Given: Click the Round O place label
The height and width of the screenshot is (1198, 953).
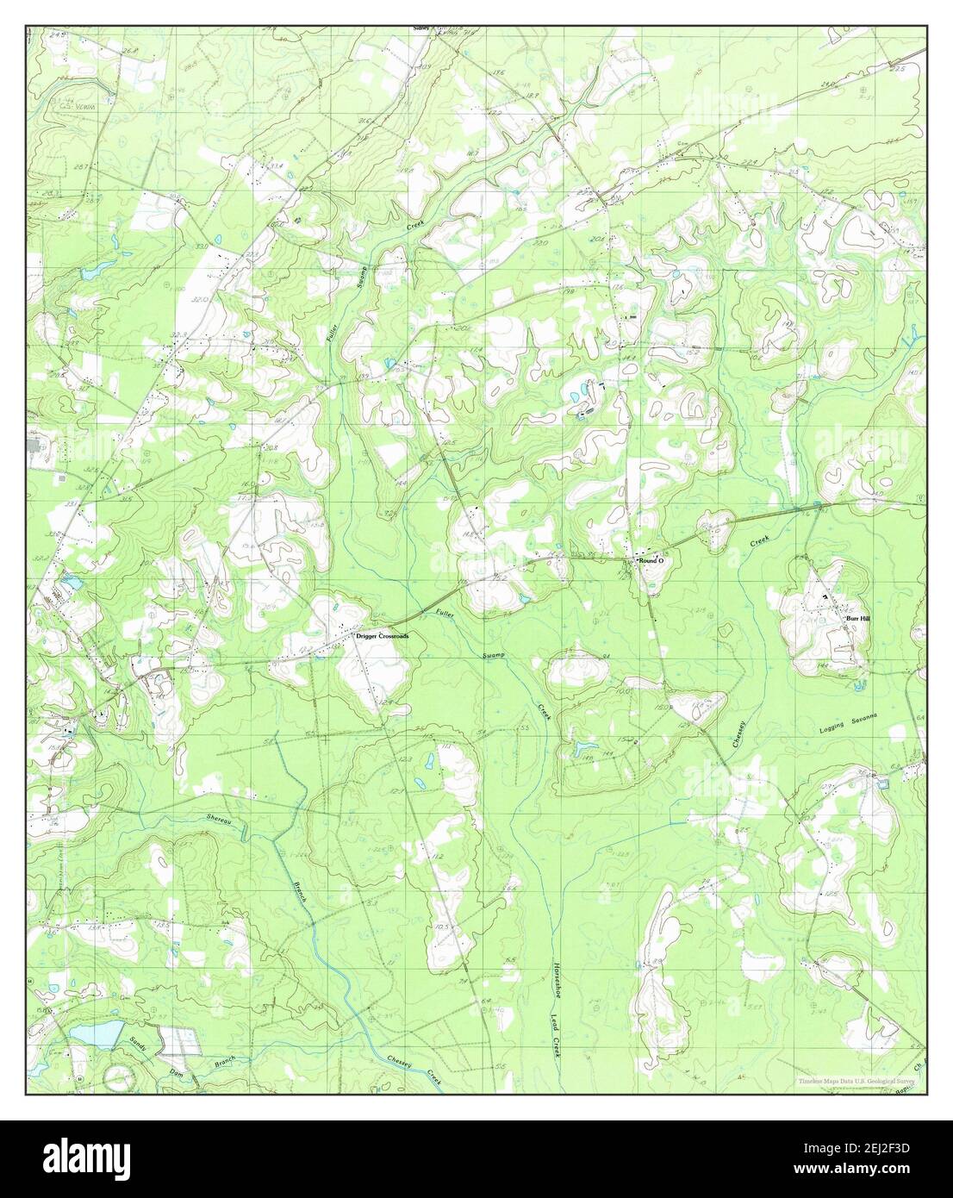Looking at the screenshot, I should click(x=652, y=561).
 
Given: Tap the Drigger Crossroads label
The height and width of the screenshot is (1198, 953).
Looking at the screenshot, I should click(x=383, y=636).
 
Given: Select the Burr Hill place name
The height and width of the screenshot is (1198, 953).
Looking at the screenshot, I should click(x=857, y=619).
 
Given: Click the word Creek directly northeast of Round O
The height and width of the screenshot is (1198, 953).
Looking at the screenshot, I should click(x=758, y=542).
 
